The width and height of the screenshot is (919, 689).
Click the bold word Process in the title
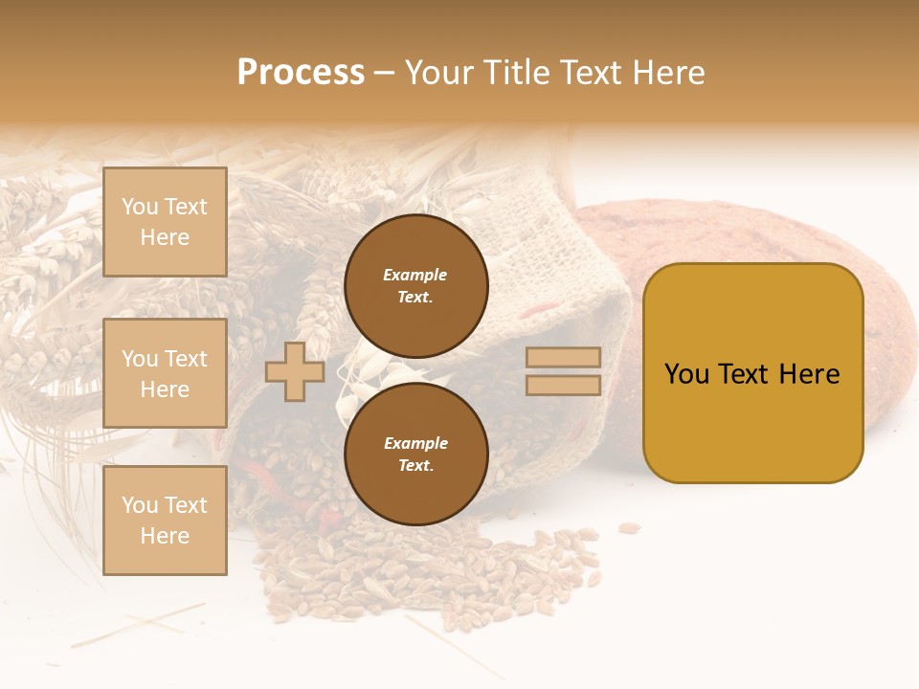[x=301, y=73]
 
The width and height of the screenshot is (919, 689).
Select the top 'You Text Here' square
[x=165, y=222]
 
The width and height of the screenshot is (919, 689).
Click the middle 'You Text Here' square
[x=165, y=373]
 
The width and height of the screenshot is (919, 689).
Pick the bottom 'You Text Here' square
[x=165, y=520]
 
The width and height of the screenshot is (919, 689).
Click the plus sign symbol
[x=295, y=371]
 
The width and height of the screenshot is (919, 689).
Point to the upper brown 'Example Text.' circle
[x=415, y=285]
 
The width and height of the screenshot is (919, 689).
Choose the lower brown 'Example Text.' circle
[x=415, y=454]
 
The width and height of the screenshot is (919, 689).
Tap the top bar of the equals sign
[x=563, y=358]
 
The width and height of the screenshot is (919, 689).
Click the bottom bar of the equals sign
[x=563, y=386]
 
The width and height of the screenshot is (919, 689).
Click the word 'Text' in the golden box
[x=747, y=374]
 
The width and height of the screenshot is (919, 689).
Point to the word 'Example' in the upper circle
[x=415, y=275]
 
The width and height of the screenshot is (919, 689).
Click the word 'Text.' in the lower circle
[x=415, y=465]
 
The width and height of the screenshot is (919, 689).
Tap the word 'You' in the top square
[x=140, y=207]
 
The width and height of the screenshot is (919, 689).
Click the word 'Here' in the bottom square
[x=165, y=536]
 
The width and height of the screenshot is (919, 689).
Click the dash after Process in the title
[x=385, y=74]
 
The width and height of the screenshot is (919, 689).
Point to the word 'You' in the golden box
[x=686, y=374]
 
